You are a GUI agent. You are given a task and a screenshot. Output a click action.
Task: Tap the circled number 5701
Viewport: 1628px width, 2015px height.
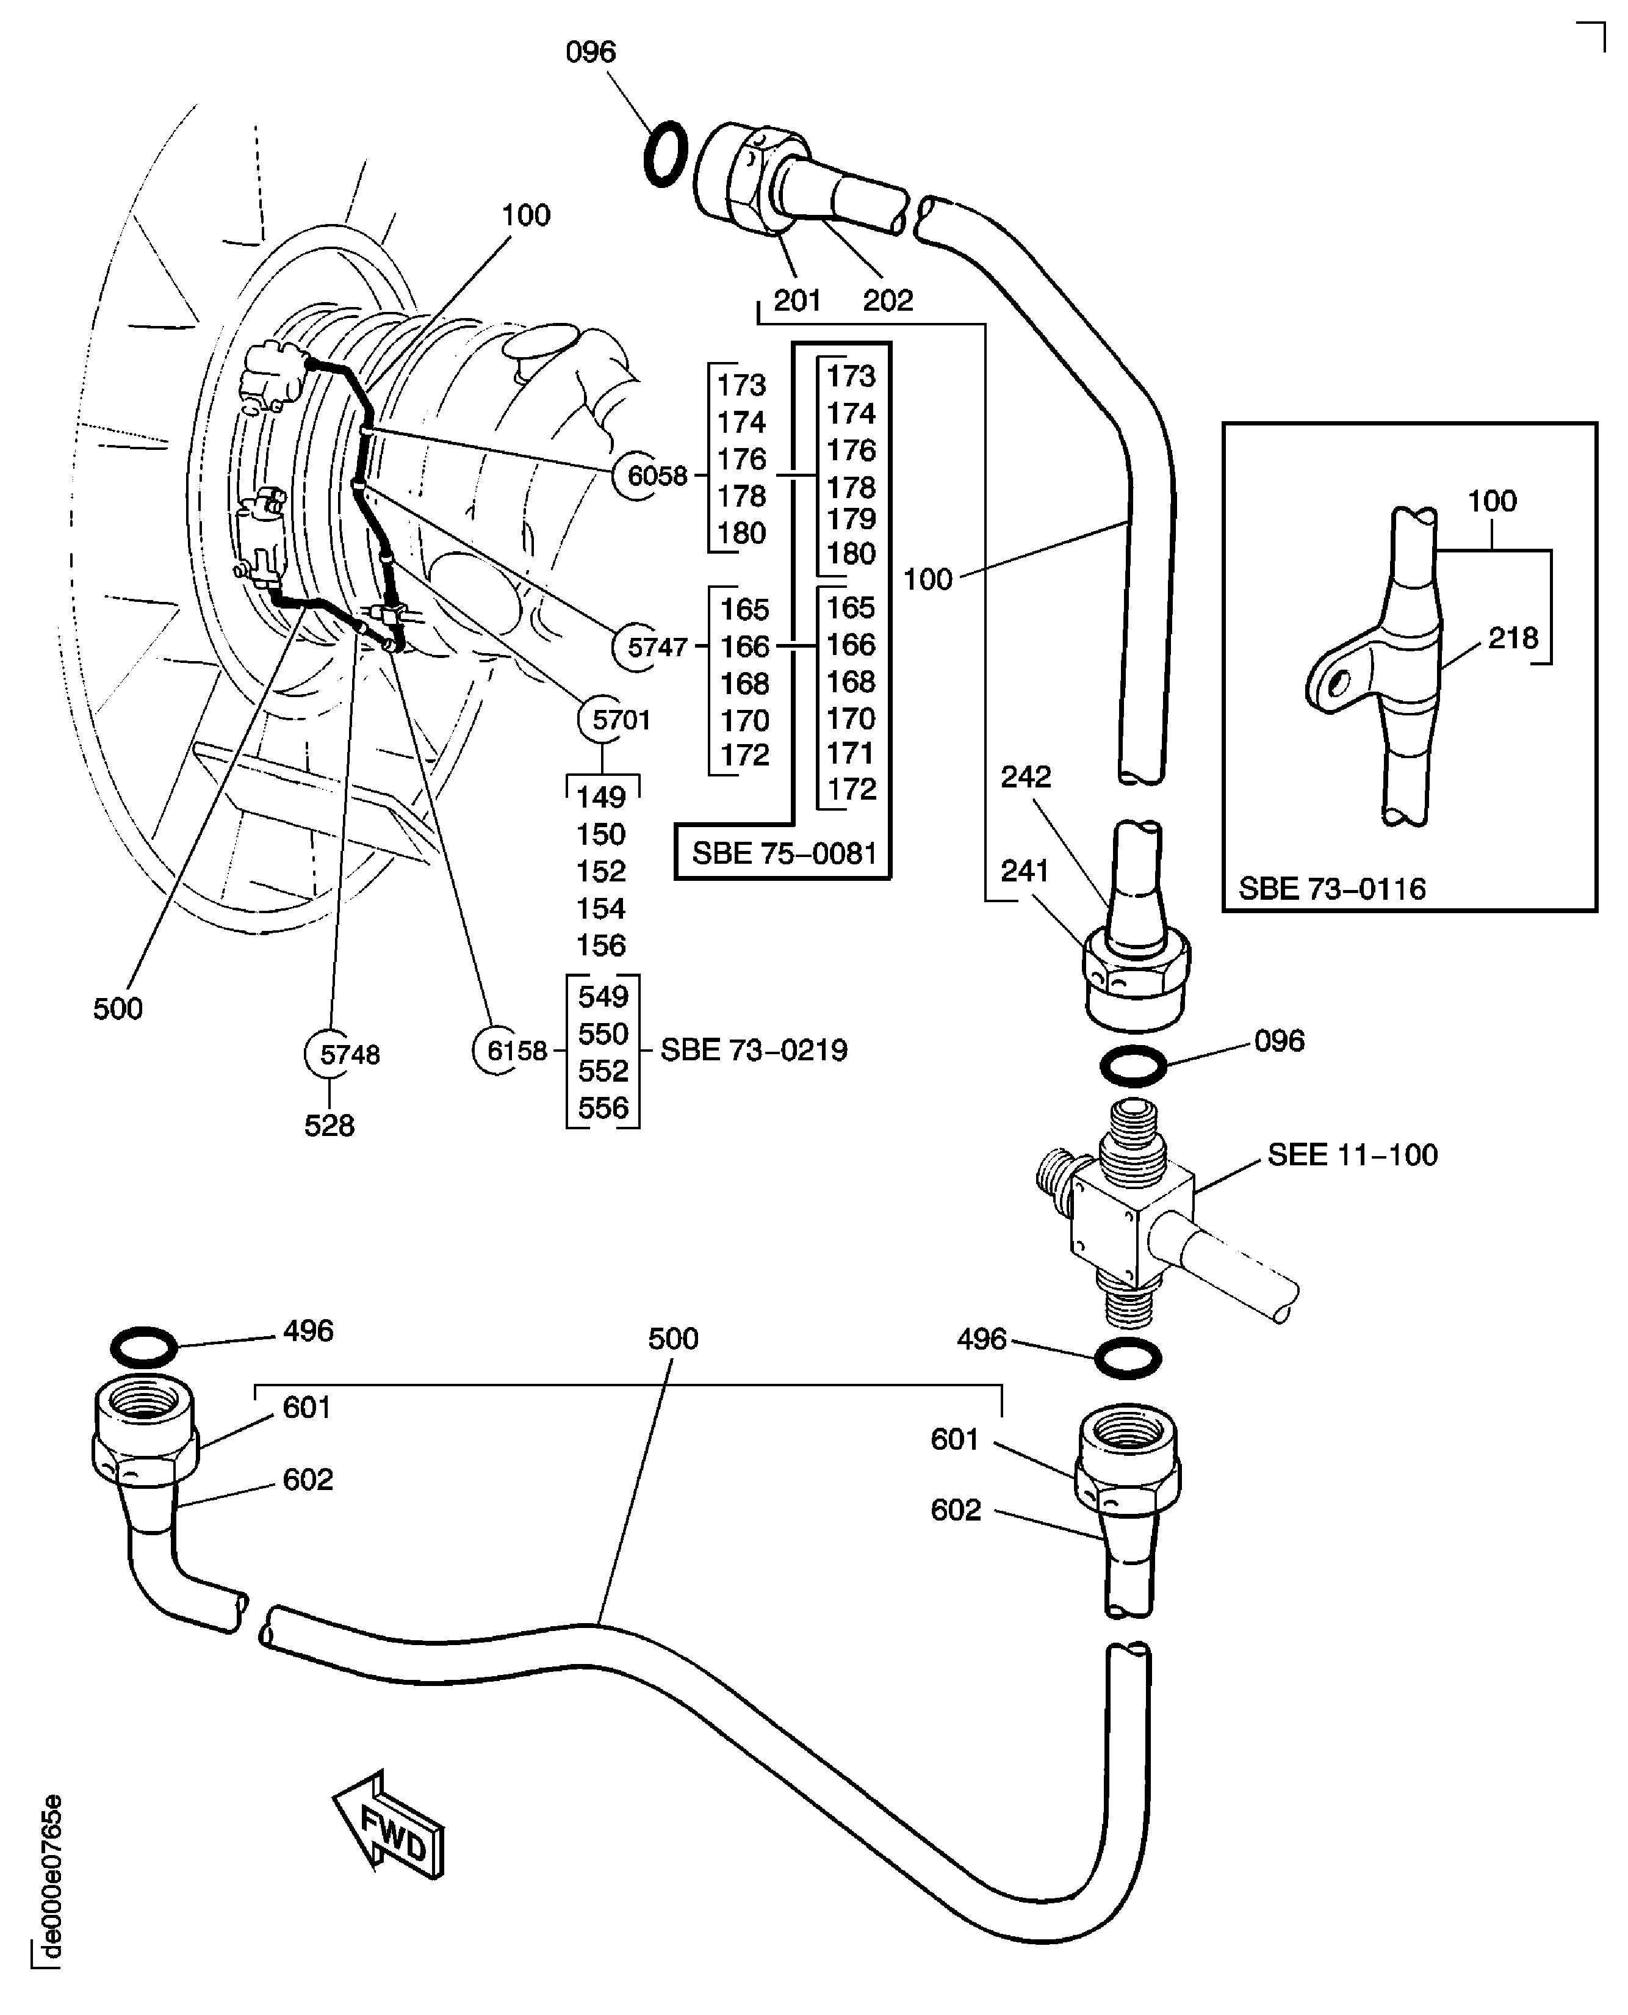point(619,720)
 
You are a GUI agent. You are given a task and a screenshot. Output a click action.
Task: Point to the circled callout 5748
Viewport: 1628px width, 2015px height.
point(348,1054)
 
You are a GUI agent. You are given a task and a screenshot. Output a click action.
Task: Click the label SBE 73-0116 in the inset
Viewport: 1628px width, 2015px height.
point(1331,888)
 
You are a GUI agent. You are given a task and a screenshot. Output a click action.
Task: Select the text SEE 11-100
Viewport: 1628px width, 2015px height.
point(1352,1155)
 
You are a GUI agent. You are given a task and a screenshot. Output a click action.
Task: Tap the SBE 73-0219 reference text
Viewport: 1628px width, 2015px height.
point(753,1050)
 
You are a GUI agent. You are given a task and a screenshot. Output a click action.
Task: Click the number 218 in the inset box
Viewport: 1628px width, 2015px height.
point(1513,638)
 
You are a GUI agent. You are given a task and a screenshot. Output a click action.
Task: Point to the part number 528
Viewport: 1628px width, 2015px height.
point(329,1125)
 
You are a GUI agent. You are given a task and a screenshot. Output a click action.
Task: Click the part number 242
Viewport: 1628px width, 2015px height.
point(1025,776)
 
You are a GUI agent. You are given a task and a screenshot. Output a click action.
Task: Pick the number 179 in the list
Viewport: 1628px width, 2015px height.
point(851,519)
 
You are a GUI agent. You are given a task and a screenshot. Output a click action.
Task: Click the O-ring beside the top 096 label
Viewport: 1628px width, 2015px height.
point(666,153)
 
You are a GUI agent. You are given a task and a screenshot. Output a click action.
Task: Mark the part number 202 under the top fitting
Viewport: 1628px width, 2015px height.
point(887,300)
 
